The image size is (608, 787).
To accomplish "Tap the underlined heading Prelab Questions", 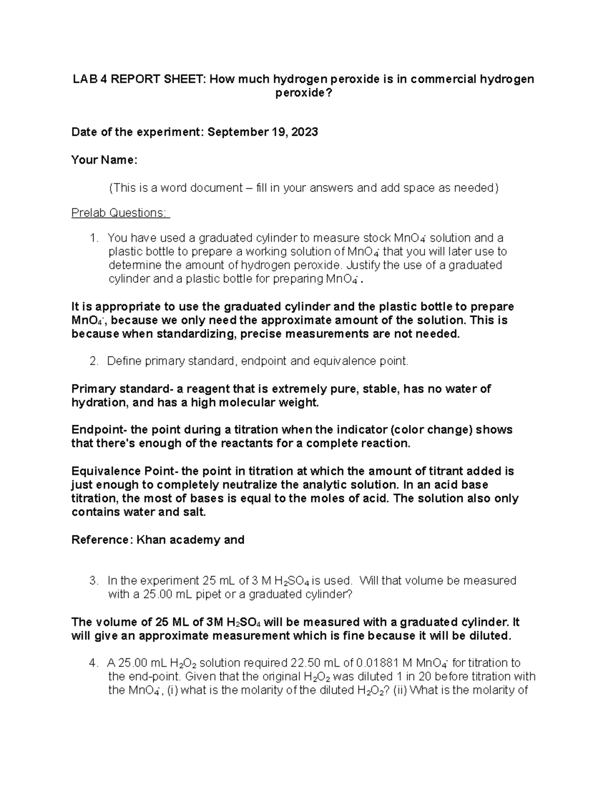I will [121, 213].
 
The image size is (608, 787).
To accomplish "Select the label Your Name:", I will [104, 160].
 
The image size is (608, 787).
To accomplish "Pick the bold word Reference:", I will [101, 540].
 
